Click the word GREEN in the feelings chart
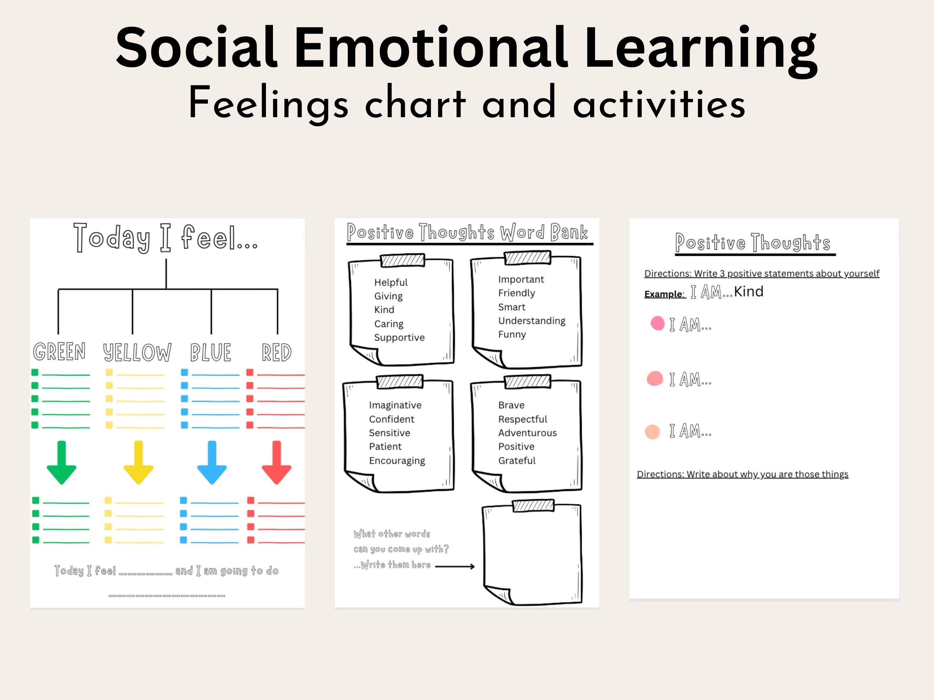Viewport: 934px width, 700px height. (59, 352)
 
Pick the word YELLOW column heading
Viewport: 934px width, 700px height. (137, 352)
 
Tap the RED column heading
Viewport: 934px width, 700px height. (277, 352)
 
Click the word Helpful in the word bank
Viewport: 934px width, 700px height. (391, 282)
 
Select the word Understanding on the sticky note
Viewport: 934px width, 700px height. (532, 321)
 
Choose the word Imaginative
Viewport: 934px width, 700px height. (395, 405)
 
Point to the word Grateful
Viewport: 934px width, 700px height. (517, 460)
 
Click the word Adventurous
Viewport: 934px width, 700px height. (528, 432)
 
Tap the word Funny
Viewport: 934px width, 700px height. (512, 334)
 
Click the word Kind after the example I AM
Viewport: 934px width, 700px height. (749, 291)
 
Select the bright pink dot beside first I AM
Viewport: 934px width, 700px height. (657, 323)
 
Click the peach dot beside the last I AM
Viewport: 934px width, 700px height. (652, 432)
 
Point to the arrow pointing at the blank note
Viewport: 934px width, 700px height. (455, 567)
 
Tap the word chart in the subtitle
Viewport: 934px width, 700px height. (415, 103)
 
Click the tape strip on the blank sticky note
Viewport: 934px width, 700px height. (533, 505)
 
